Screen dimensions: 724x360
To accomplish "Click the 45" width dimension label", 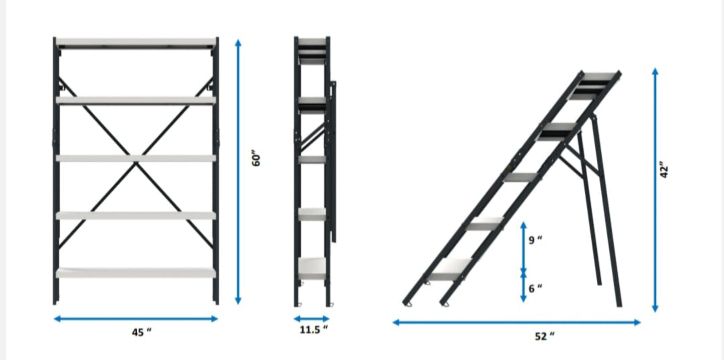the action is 142,332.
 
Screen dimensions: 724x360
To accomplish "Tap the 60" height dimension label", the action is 256,158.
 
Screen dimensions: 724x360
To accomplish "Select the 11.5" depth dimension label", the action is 314,329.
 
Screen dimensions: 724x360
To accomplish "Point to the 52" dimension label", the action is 545,336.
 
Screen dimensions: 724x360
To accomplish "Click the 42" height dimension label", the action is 664,169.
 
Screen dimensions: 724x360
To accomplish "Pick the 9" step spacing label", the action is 535,240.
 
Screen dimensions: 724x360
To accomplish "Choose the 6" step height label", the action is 535,288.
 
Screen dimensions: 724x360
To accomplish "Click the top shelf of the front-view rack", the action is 136,42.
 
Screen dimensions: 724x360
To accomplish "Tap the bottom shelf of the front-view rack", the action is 136,273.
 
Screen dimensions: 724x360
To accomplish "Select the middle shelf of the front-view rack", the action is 136,158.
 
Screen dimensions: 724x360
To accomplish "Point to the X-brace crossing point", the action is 136,163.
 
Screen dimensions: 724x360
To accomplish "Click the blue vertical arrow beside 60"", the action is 238,172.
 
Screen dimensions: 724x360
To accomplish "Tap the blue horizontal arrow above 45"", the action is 136,319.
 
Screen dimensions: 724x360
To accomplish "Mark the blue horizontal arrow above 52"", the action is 517,322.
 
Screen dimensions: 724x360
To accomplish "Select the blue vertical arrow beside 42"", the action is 655,190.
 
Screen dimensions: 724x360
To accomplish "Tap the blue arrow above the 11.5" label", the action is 311,319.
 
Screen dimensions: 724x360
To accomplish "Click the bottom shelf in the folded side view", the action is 312,268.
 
